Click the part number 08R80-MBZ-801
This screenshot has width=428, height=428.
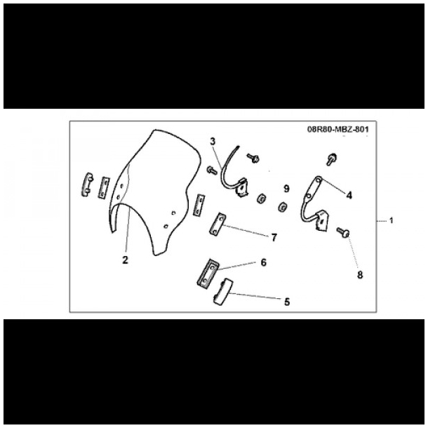coord(338,129)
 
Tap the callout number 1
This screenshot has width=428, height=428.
coord(391,220)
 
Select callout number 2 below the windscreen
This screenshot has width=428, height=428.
coord(125,260)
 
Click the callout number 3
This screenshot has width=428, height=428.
coord(213,142)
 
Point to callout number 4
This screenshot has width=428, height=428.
coord(349,195)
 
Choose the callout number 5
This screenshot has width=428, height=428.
coord(287,302)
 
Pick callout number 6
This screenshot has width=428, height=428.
coord(263,262)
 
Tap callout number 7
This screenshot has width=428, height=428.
coord(274,237)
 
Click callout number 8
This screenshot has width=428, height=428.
coord(360,274)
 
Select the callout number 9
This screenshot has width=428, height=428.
coord(286,189)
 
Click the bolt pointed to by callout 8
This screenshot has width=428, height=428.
coord(343,232)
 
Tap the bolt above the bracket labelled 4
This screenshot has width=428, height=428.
coord(331,159)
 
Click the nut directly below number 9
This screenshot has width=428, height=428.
coord(282,207)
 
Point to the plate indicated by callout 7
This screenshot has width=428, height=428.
coord(218,225)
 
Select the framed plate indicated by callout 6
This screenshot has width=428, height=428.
coord(208,273)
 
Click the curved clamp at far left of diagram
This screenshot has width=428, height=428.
coord(87,185)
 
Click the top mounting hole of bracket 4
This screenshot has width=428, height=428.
coord(319,180)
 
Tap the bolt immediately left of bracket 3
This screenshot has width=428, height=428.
coord(212,170)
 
